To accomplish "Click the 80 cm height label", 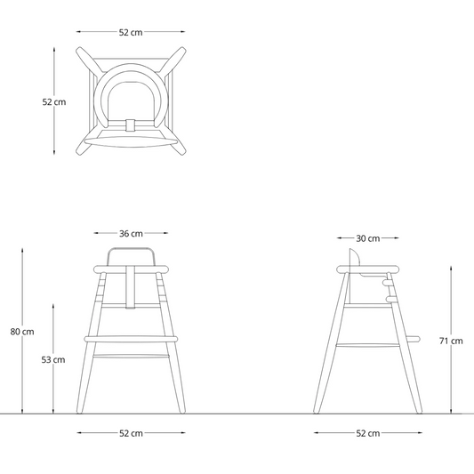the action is coord(22,332).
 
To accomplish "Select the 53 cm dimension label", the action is coord(53,360).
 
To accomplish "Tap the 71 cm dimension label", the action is coord(451,341).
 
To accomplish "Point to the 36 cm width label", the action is coord(131,233).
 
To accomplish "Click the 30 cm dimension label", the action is coord(367,238).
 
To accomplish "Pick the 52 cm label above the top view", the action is coord(131,32).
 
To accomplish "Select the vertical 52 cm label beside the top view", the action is coord(54,102).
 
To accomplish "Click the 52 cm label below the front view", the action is coord(131,433).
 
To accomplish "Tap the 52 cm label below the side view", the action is coord(367,433).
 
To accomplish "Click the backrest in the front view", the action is coord(131,249).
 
